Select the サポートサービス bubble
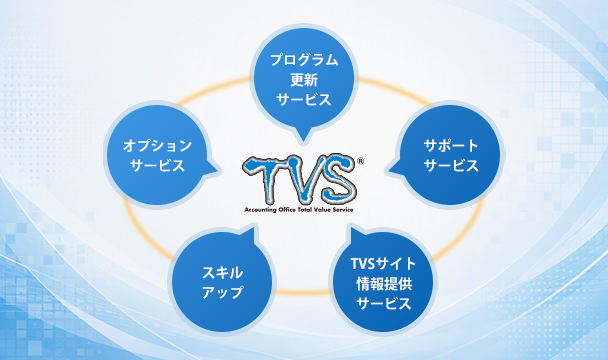tap(450, 155)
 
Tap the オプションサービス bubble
tap(157, 155)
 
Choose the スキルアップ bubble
tap(222, 281)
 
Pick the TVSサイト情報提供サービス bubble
tap(383, 281)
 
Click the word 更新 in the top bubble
tap(304, 80)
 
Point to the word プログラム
tap(304, 60)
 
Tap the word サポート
tap(451, 145)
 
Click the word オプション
tap(157, 145)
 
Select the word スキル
tap(222, 272)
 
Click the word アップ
tap(222, 292)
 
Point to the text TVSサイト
tap(383, 264)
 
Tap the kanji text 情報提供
tap(383, 284)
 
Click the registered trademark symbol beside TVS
tap(360, 161)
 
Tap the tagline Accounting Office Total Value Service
tap(299, 210)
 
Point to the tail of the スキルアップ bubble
tap(248, 235)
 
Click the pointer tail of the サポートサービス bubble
tap(396, 168)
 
